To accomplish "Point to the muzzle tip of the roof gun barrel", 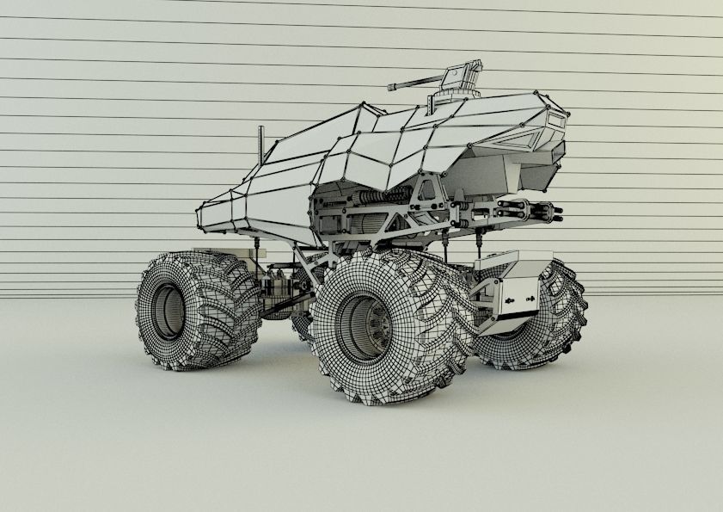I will [390, 87].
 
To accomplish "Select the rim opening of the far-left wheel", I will [168, 310].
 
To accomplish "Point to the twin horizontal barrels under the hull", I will [525, 209].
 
